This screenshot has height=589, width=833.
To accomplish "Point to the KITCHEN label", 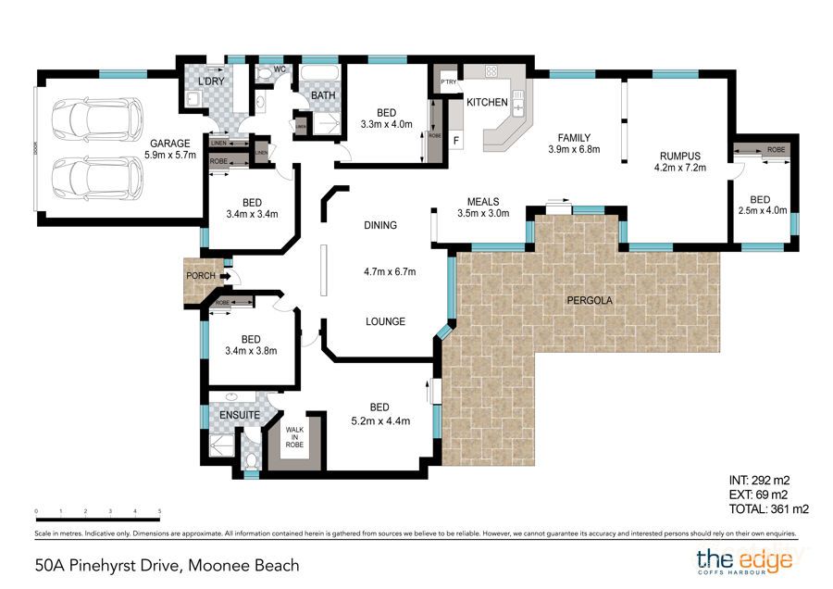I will pos(486,102).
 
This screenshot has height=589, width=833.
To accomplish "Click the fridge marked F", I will pos(456,140).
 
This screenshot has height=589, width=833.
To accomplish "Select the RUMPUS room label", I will pos(680,156).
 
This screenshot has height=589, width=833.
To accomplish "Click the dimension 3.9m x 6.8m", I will pos(575,149).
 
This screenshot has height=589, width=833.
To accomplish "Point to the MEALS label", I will pos(483,201).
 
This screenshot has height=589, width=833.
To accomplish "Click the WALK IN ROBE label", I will pos(294,437).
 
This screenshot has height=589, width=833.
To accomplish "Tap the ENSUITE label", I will pos(240,415).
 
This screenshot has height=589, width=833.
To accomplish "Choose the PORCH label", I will pos(201,276).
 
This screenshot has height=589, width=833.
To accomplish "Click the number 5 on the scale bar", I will pos(160,511).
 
